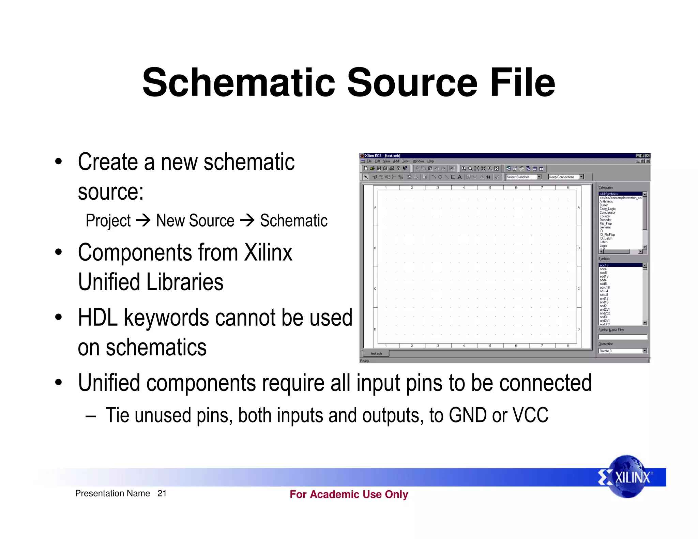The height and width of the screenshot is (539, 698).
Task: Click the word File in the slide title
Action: pyautogui.click(x=522, y=82)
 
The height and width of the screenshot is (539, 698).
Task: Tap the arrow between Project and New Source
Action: pyautogui.click(x=143, y=220)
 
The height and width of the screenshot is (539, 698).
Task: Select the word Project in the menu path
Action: pyautogui.click(x=108, y=220)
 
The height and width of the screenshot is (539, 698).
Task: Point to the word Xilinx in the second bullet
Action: pyautogui.click(x=268, y=252)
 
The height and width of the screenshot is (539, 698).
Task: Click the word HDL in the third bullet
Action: pyautogui.click(x=97, y=318)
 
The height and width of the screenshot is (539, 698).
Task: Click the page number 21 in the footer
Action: pyautogui.click(x=162, y=493)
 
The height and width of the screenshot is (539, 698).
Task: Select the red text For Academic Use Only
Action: pyautogui.click(x=349, y=494)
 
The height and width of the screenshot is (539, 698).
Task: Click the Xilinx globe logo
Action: pyautogui.click(x=627, y=477)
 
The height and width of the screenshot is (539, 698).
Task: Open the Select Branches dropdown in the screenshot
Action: pyautogui.click(x=539, y=177)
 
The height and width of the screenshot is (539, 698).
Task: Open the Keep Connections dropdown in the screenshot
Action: pyautogui.click(x=581, y=177)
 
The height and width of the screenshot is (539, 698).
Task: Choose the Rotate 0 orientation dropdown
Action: pyautogui.click(x=644, y=351)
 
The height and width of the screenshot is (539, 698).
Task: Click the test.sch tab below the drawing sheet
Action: pyautogui.click(x=376, y=354)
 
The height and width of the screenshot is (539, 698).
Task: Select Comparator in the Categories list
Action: pyautogui.click(x=607, y=213)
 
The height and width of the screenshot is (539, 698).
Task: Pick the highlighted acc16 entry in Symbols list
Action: pyautogui.click(x=604, y=265)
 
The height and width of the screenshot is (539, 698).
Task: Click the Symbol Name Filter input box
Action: pyautogui.click(x=622, y=337)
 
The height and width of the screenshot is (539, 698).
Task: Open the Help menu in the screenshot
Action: pyautogui.click(x=430, y=161)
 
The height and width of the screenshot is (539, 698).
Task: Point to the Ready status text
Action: pyautogui.click(x=365, y=361)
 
